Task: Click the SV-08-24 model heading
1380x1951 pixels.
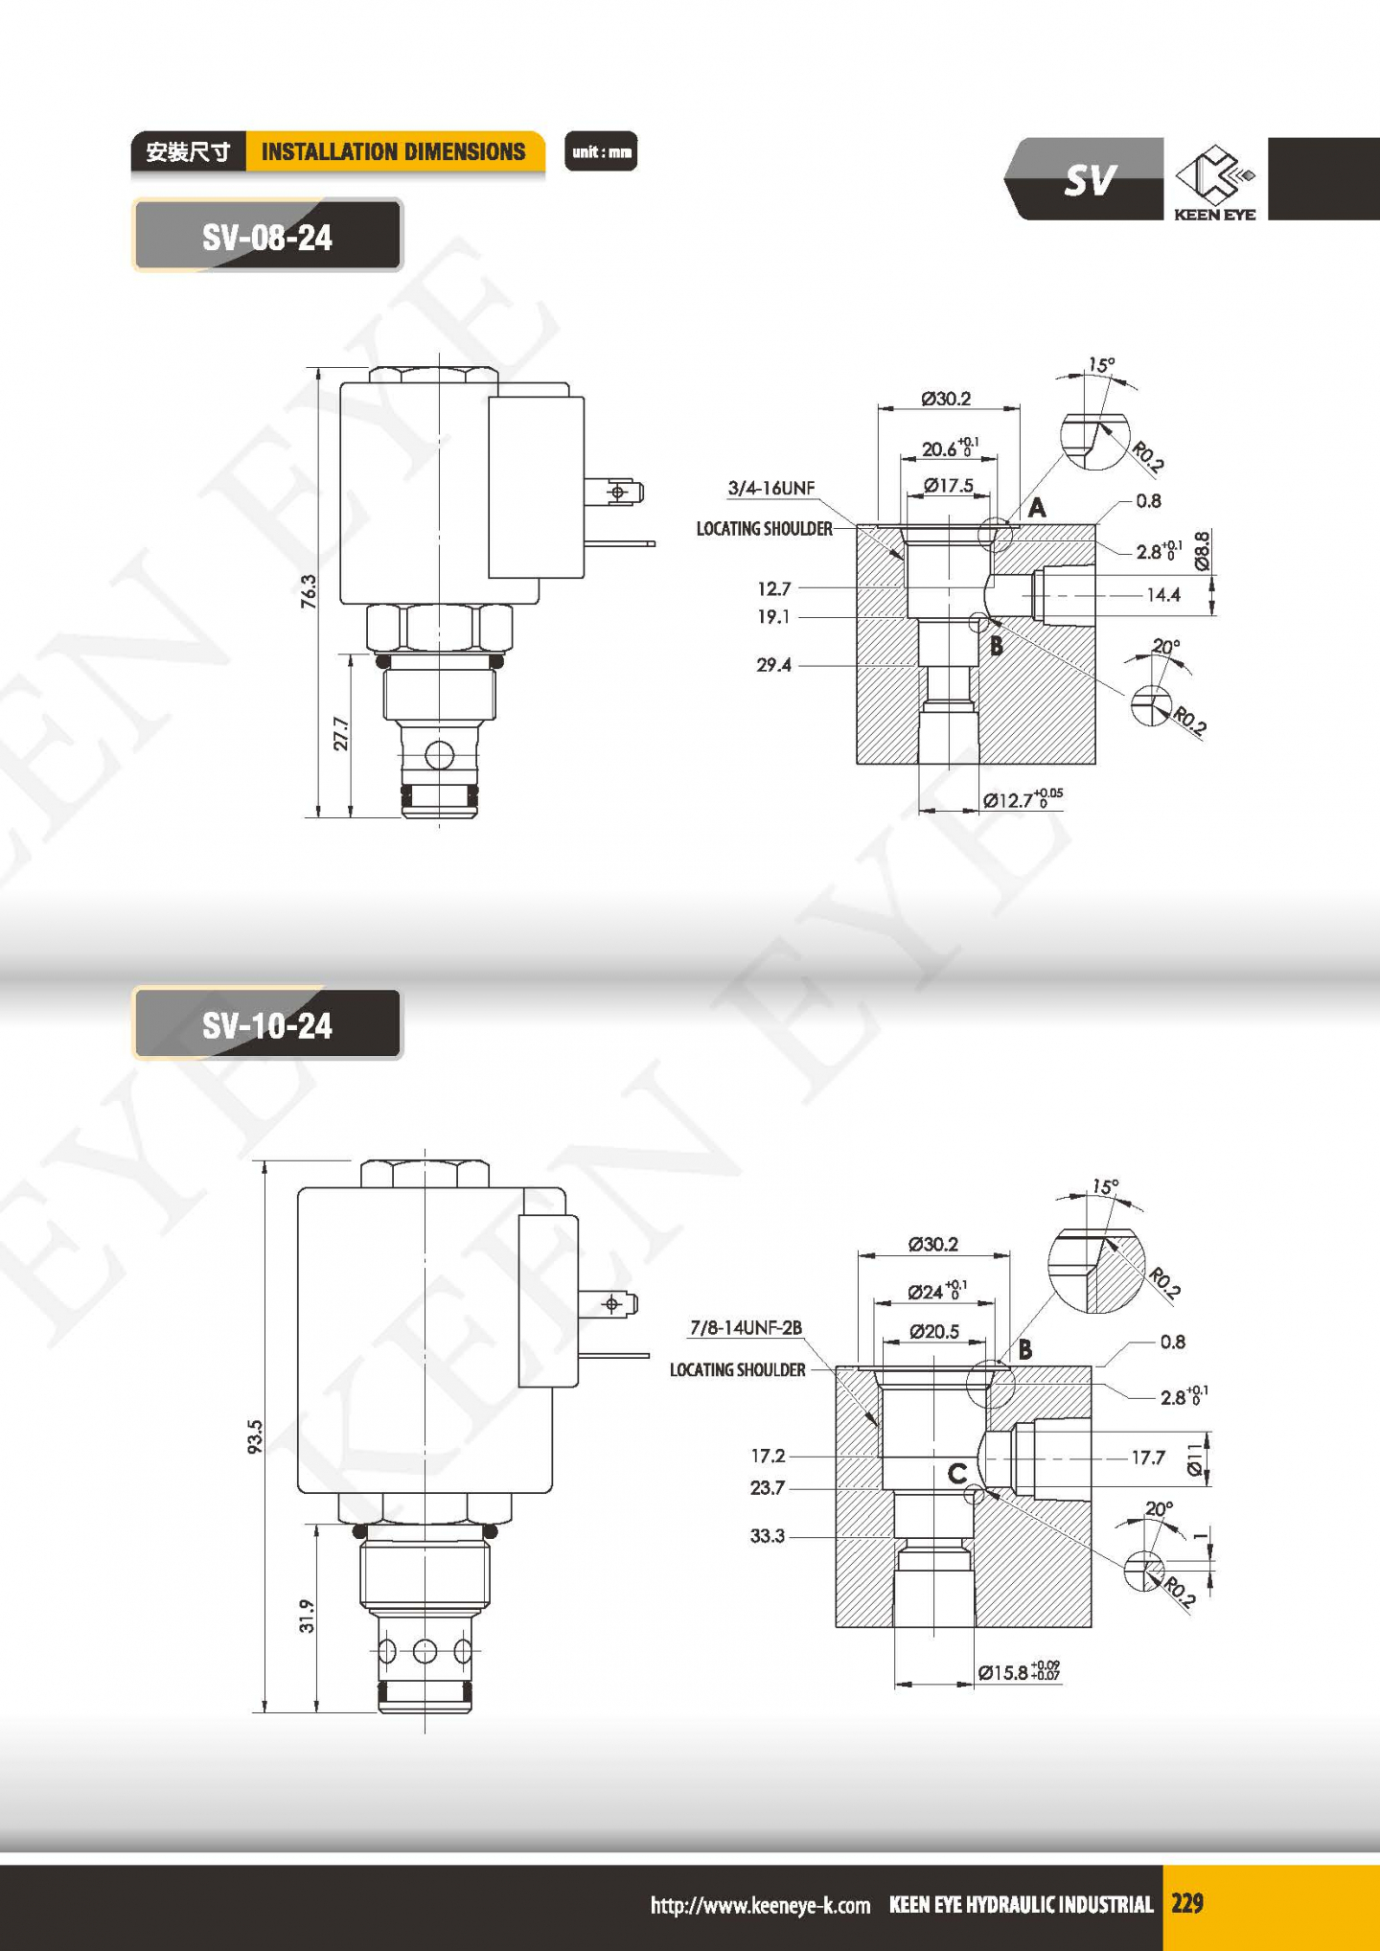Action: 266,237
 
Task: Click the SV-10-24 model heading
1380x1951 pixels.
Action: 266,1025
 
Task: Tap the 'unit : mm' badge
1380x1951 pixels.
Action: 601,151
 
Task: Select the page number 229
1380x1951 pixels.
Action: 1186,1903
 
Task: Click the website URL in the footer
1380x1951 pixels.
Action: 760,1905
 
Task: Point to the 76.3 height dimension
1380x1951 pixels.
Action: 309,591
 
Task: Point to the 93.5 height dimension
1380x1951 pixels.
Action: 255,1436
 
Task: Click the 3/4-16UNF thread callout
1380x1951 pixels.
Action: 771,488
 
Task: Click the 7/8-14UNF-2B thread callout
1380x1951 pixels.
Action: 746,1327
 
